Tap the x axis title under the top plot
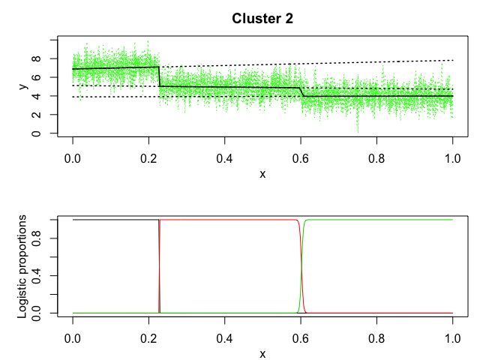(x=262, y=174)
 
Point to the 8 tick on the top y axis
(x=43, y=58)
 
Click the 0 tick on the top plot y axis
(x=43, y=133)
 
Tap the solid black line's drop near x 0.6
(x=301, y=91)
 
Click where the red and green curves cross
(x=301, y=266)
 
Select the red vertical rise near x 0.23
(x=160, y=266)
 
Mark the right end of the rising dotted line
(x=453, y=60)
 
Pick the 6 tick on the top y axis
(x=43, y=77)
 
